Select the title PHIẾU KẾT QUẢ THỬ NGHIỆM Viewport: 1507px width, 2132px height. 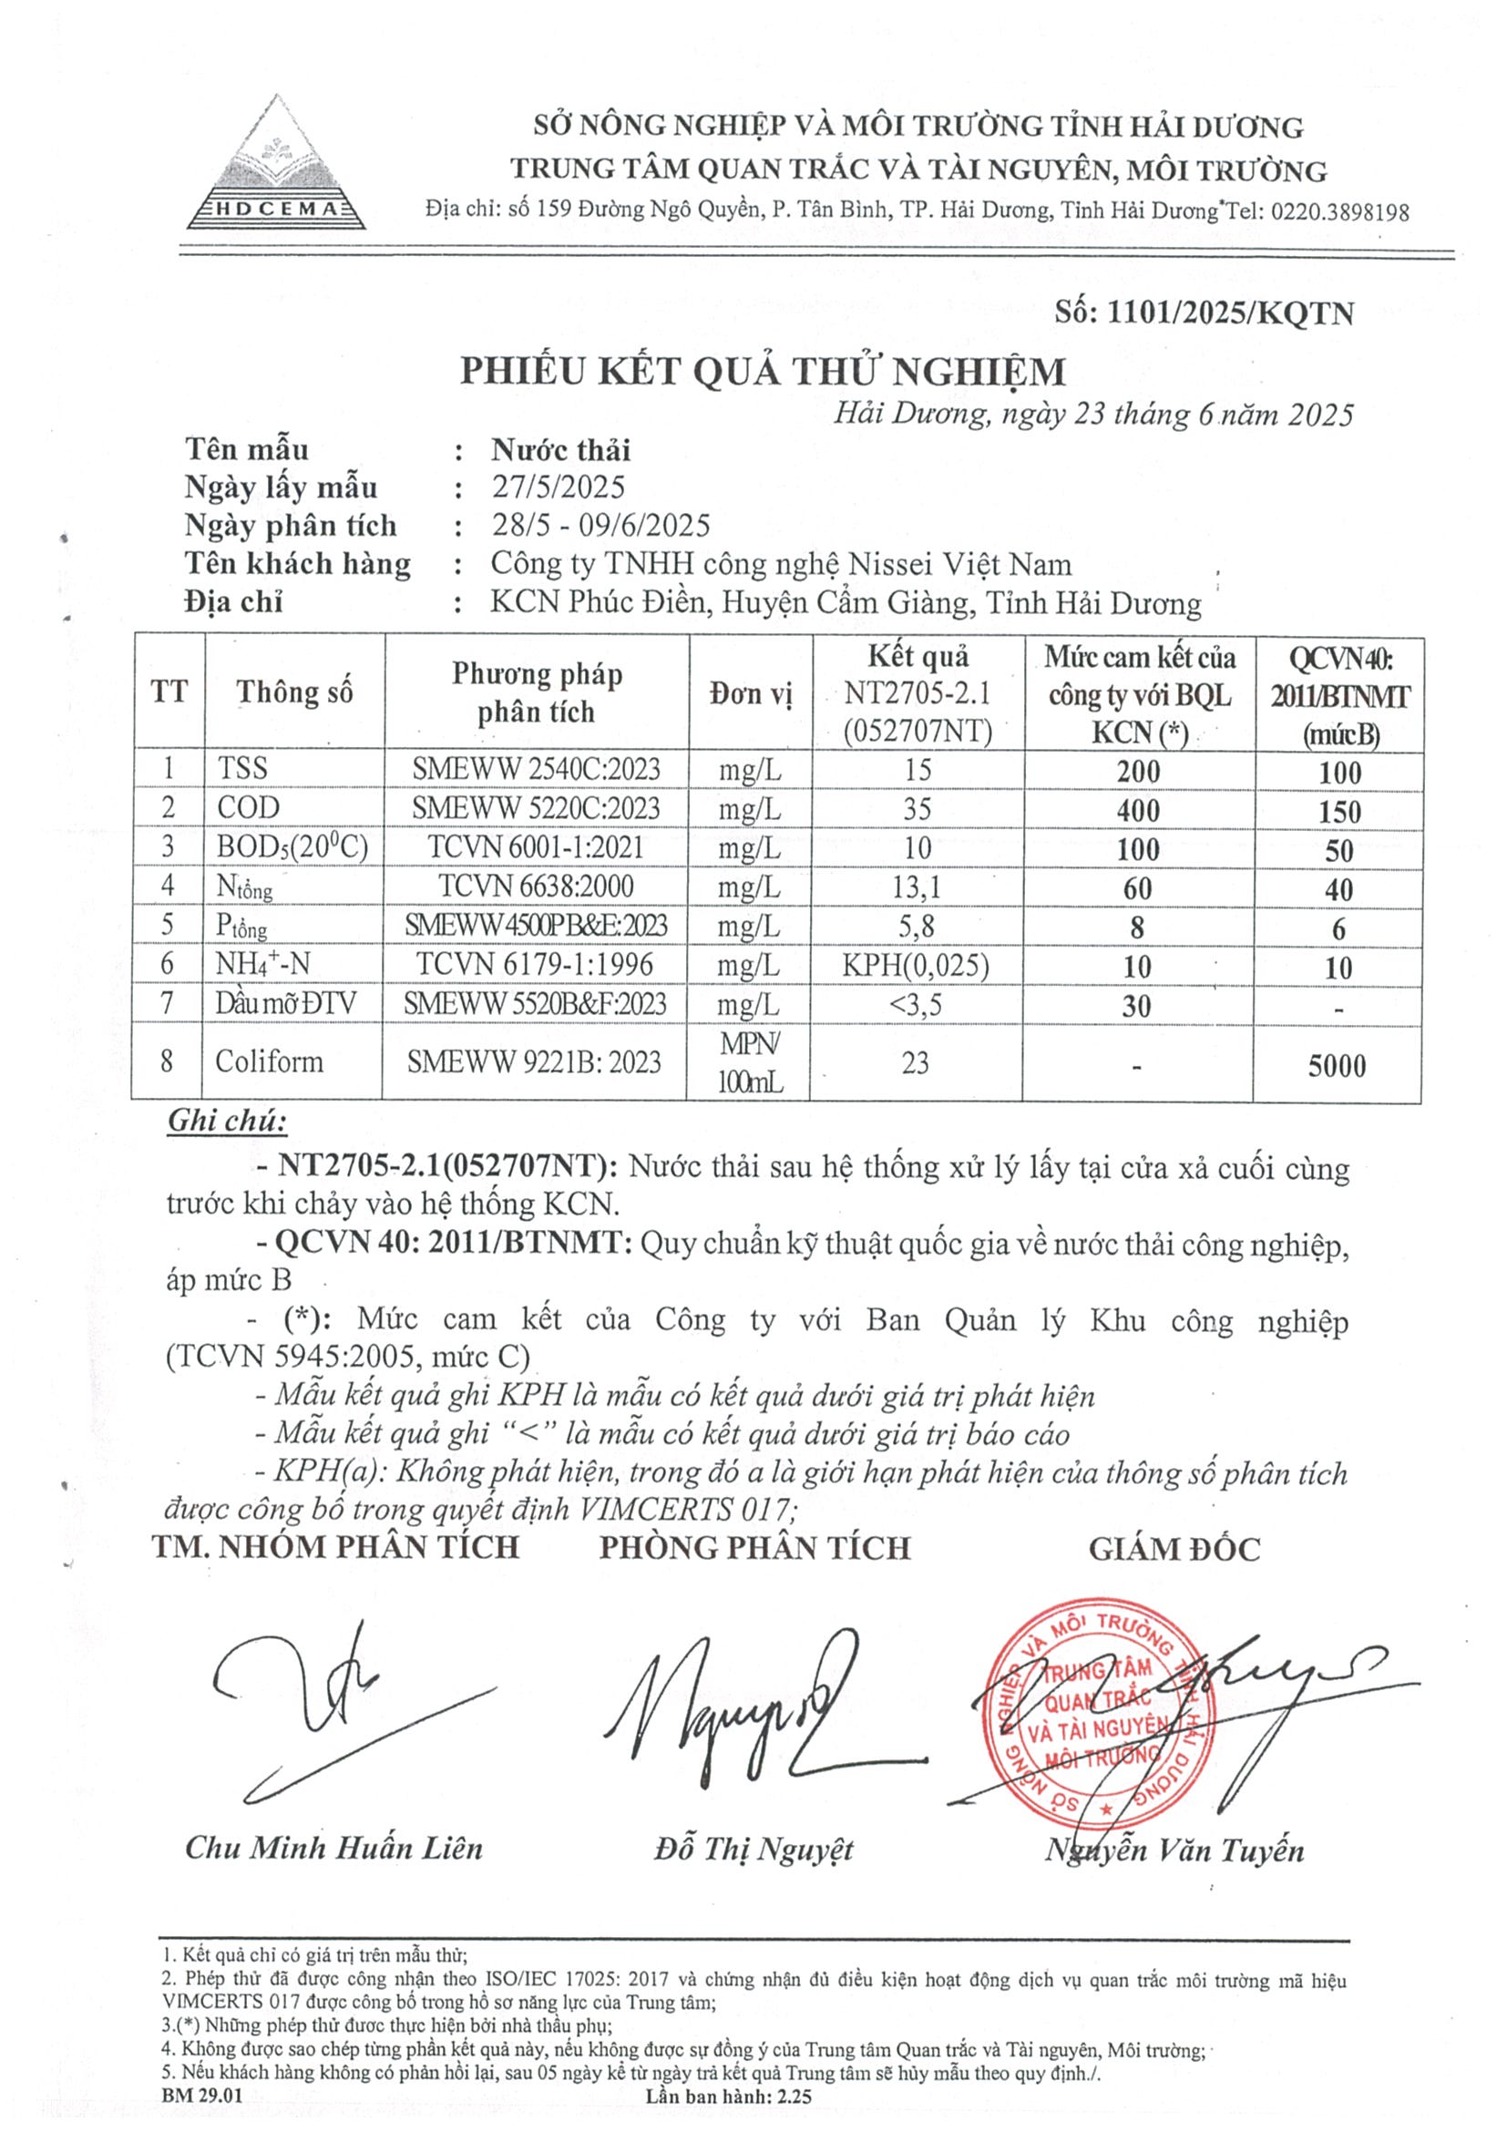[x=763, y=372]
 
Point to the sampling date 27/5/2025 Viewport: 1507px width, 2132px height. [x=558, y=487]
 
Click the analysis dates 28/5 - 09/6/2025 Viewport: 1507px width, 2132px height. [x=600, y=526]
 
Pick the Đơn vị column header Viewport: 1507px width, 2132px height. [x=750, y=693]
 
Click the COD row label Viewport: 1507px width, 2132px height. [x=248, y=808]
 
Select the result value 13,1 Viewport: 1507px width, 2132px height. [x=917, y=887]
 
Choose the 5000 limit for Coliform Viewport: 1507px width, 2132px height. [x=1338, y=1065]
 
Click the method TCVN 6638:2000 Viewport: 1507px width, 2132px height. [x=536, y=886]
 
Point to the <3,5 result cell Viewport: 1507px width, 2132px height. [x=917, y=1005]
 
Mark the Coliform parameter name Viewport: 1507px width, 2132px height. [x=270, y=1061]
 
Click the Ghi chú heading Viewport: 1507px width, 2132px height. [x=227, y=1121]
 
